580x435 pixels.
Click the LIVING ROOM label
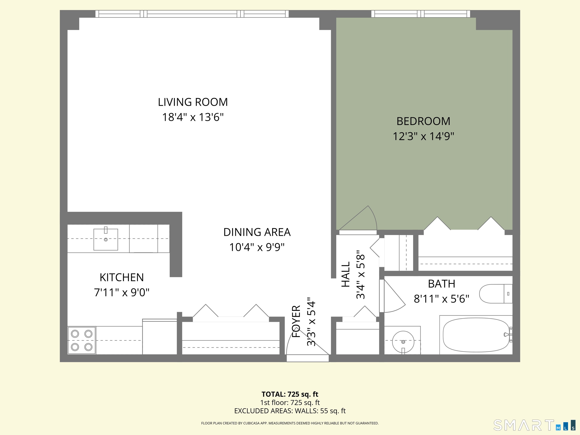pyautogui.click(x=193, y=102)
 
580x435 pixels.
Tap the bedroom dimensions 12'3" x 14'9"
pyautogui.click(x=423, y=136)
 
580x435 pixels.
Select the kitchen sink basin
pyautogui.click(x=106, y=239)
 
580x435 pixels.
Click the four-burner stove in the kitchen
pyautogui.click(x=82, y=340)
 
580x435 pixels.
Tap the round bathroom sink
pyautogui.click(x=403, y=342)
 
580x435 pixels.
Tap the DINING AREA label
pyautogui.click(x=257, y=232)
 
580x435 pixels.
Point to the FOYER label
pyautogui.click(x=296, y=321)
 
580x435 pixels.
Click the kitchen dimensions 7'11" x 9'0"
pyautogui.click(x=122, y=292)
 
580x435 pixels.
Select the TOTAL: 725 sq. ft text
pyautogui.click(x=290, y=394)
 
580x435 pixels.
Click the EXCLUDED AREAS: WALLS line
pyautogui.click(x=290, y=411)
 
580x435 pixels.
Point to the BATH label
pyautogui.click(x=442, y=284)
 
